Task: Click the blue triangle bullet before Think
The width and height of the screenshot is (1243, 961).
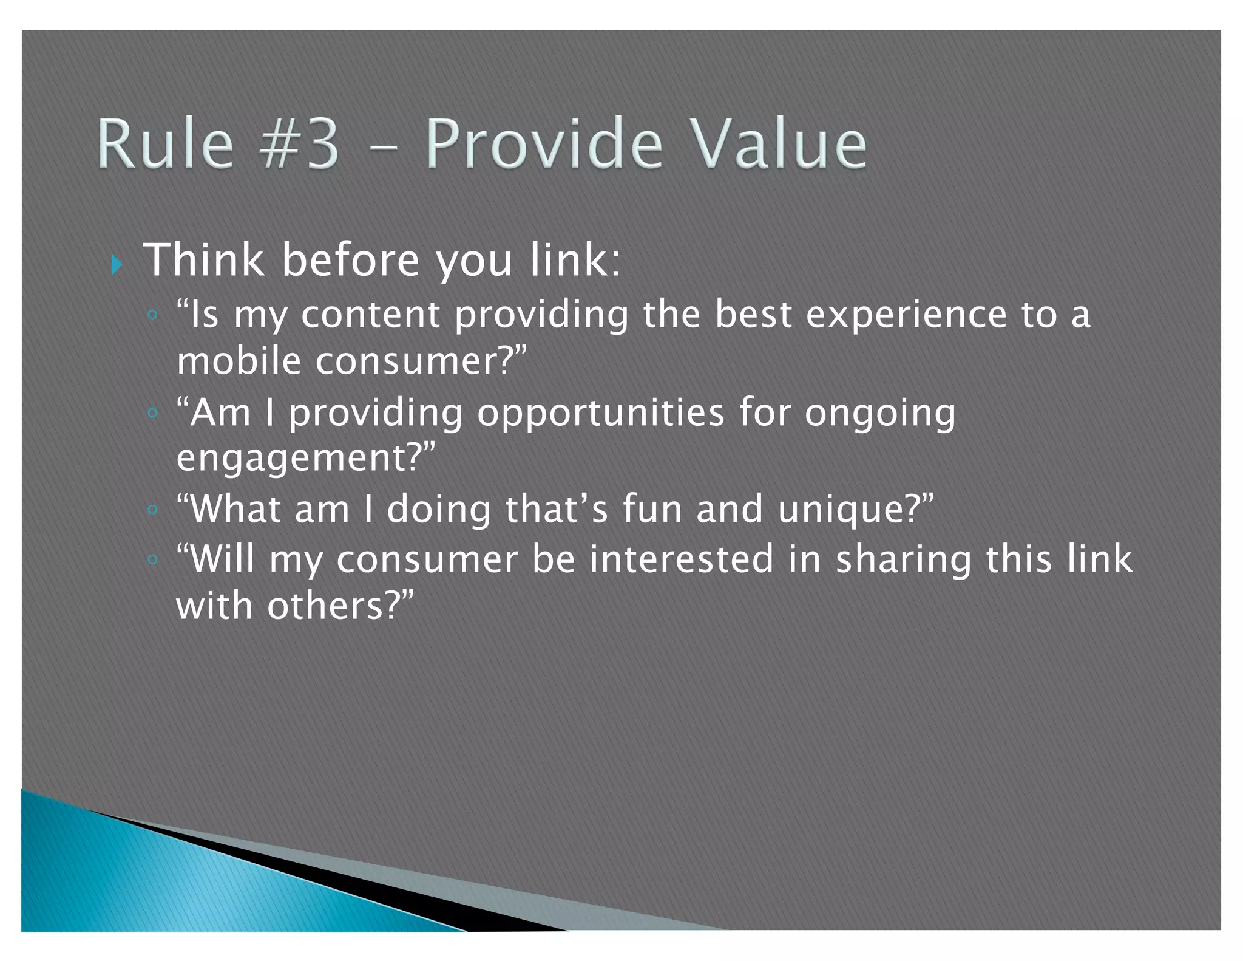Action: tap(117, 264)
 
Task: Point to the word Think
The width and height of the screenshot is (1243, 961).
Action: tap(204, 260)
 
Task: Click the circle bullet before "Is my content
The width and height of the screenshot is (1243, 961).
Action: tap(153, 315)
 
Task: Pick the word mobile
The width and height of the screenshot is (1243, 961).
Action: tap(239, 361)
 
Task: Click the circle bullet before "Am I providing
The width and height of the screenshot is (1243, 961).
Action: tap(153, 413)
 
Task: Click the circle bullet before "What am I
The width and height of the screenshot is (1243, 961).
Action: tap(153, 509)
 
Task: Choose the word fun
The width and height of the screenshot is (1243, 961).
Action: tap(652, 509)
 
